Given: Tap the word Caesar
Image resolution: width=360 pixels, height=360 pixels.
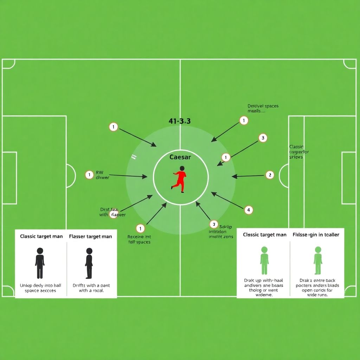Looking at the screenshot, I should (x=180, y=157).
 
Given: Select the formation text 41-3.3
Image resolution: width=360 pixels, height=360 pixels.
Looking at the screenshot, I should (x=180, y=121).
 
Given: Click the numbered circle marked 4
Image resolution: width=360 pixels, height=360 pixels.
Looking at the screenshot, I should (x=248, y=210).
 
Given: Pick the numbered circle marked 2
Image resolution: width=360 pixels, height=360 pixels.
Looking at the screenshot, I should (x=270, y=175).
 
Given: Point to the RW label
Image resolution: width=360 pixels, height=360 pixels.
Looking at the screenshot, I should (x=99, y=173).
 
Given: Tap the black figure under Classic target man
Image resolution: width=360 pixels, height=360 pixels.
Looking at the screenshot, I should (x=40, y=263).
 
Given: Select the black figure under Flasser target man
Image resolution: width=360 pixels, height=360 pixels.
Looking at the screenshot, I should (x=89, y=263).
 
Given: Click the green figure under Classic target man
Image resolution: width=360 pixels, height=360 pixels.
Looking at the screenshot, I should (x=264, y=261).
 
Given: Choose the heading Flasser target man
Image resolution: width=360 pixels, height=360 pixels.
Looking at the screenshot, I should (x=90, y=237).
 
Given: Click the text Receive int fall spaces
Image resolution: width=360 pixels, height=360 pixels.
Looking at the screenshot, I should (x=139, y=239).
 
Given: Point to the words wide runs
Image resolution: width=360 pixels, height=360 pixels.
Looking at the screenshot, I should (x=317, y=295).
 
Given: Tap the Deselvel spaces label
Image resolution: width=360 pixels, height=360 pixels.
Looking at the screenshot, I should (x=263, y=106).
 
